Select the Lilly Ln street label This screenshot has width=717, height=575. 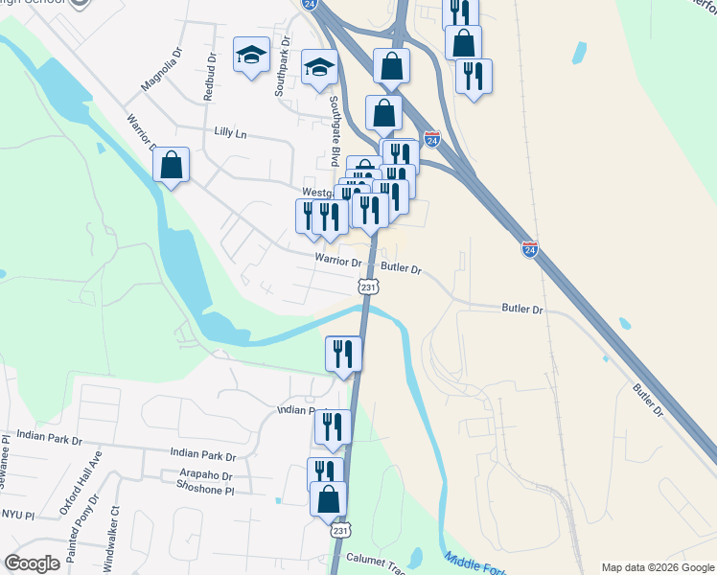coord(230,134)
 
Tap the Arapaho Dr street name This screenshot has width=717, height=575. coord(205,475)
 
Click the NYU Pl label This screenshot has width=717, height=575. coord(16,516)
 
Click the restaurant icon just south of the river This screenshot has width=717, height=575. coord(343,354)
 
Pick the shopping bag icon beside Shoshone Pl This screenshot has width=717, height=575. coord(328,498)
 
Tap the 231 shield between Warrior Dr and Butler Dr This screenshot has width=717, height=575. coord(368,287)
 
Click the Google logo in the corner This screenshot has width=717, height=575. coord(32,563)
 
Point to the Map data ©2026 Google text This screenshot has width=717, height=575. coord(658,567)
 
